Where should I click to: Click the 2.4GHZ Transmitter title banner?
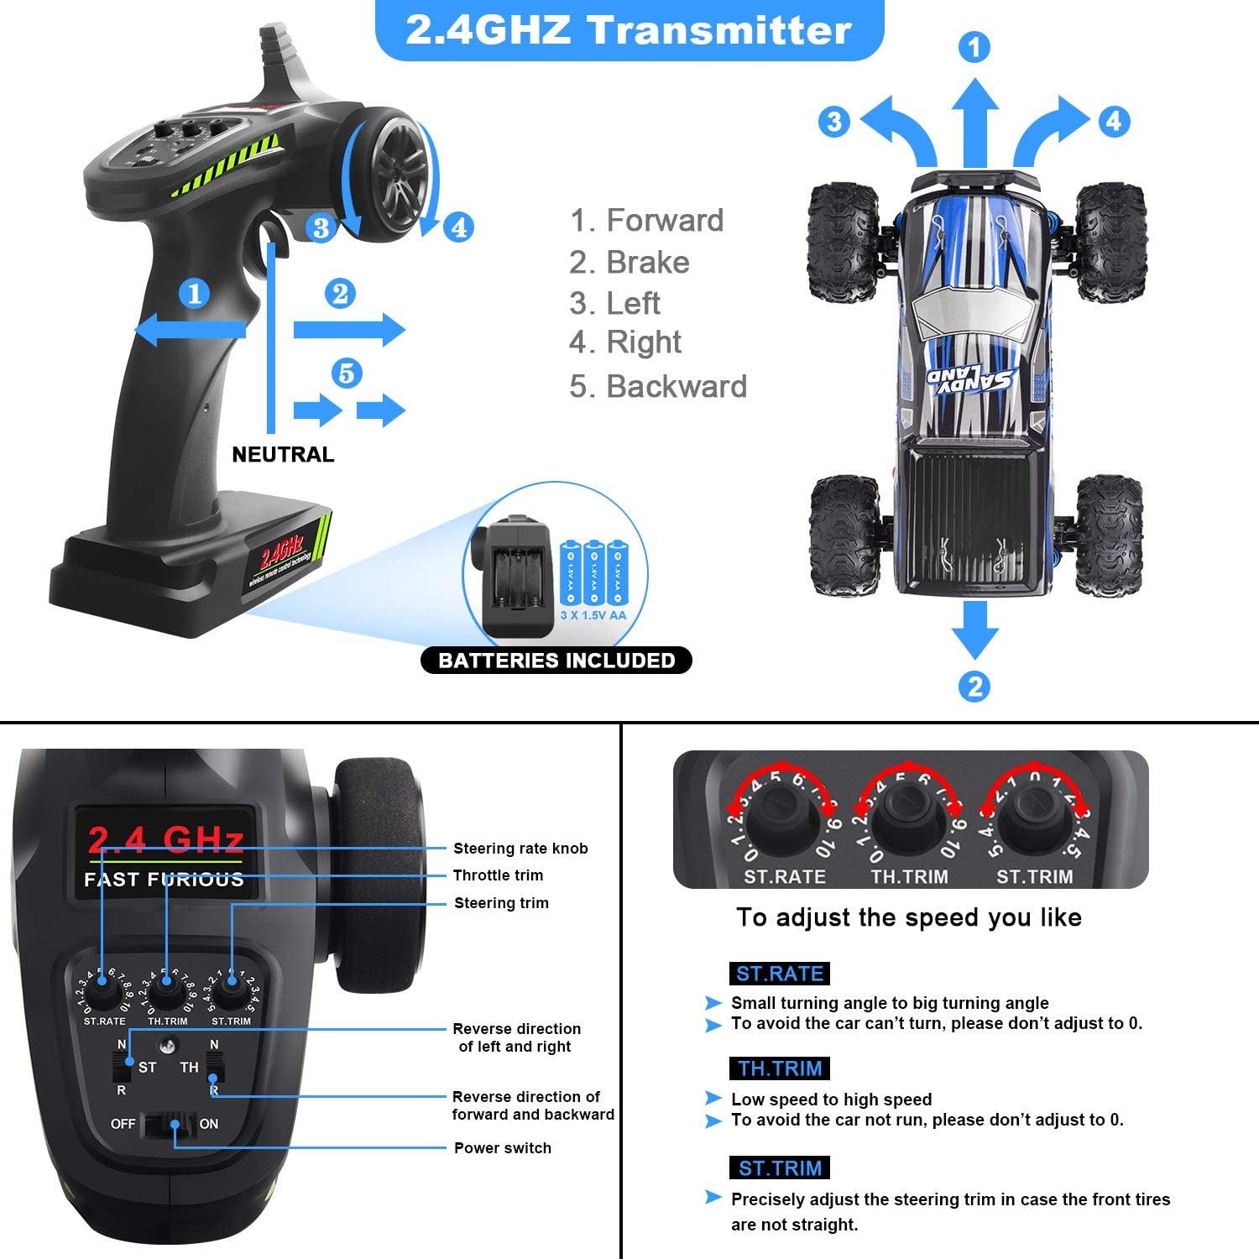click(x=629, y=31)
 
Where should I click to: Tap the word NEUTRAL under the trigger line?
click(x=283, y=455)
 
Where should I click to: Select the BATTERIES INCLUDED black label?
click(x=556, y=661)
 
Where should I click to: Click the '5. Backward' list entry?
click(x=658, y=387)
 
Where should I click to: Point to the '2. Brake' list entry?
click(x=629, y=263)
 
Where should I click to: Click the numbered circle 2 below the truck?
click(x=974, y=687)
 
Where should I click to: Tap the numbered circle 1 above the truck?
click(x=974, y=48)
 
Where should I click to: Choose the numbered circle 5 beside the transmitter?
click(x=347, y=373)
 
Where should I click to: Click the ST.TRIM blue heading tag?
click(x=781, y=1168)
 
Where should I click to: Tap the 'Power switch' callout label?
click(x=503, y=1148)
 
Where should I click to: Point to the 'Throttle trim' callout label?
click(x=498, y=875)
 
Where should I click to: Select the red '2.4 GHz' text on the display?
click(x=165, y=839)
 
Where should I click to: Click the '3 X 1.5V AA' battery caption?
click(x=593, y=615)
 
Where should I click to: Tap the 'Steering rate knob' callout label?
click(x=520, y=849)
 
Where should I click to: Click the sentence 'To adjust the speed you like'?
click(x=909, y=917)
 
